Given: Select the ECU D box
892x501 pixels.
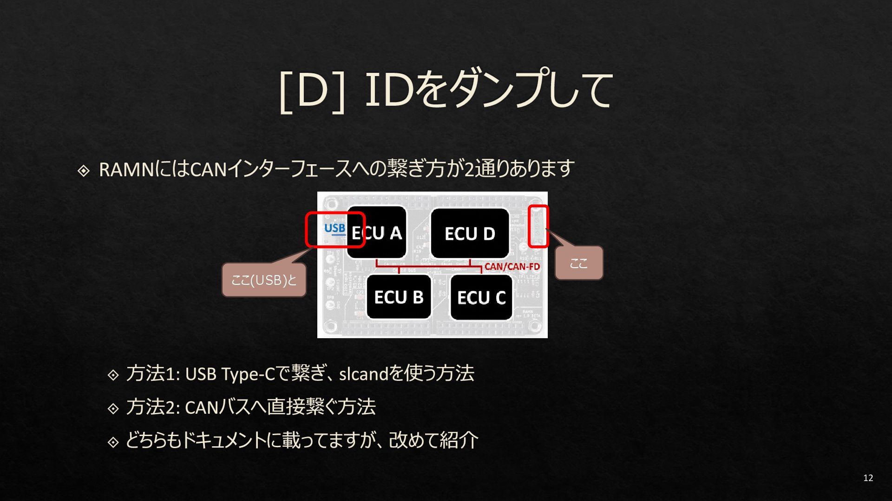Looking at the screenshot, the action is coord(470,233).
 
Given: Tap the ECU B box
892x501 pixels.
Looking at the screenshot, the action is coord(399,297).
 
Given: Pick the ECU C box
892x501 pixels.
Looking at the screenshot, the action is coord(481,297).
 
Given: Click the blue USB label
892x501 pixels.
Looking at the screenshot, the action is coord(334,228).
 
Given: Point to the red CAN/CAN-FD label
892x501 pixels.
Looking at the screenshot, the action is coord(512,267).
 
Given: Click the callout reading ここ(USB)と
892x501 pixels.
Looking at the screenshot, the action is coord(264,280).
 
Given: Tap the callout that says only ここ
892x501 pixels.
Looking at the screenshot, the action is coord(579,263).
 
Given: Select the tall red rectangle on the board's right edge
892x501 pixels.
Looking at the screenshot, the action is coord(538,226).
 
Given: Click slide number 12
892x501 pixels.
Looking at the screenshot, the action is coord(868,478).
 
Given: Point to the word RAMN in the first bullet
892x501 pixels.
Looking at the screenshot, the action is coord(126,170).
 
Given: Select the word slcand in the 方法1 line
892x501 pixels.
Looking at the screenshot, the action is coord(363,374).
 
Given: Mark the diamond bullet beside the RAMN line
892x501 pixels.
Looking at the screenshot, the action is coord(84,171).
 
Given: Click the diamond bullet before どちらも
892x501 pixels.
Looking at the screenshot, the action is coord(113,442).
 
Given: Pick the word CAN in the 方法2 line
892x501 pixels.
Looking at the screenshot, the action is coord(202,407).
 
